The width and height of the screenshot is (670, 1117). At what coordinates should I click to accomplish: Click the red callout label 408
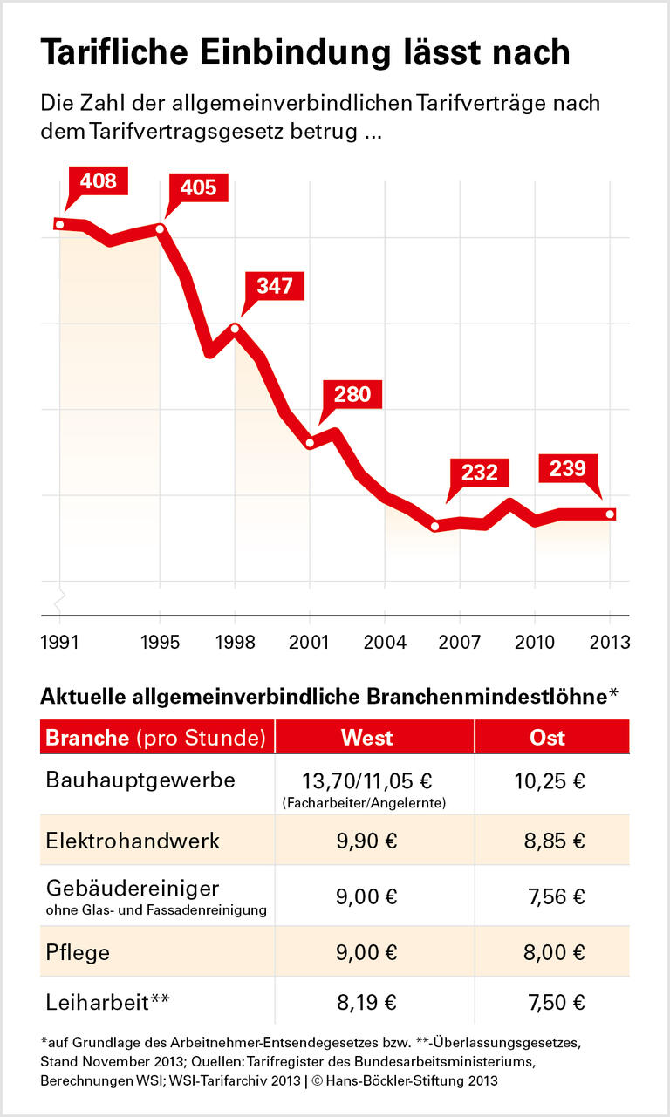coord(98,181)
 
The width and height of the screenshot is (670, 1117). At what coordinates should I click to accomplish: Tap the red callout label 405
coord(198,187)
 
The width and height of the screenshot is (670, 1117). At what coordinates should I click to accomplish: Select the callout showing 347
coord(275,286)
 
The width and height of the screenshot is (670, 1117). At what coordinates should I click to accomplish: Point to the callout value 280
coord(352,394)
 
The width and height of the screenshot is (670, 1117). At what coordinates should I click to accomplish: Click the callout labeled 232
coord(479,473)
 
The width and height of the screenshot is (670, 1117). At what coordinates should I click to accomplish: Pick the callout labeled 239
coord(567,469)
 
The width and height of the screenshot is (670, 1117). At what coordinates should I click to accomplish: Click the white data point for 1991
coord(60,224)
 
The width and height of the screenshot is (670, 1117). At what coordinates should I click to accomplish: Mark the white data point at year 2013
coord(610,514)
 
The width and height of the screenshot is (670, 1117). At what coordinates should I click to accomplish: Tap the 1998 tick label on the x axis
coord(235,643)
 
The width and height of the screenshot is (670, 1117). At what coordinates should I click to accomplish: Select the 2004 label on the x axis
coord(385,643)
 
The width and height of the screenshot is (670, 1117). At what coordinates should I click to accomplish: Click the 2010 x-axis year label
coord(535,643)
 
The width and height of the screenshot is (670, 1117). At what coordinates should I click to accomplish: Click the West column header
coord(366,737)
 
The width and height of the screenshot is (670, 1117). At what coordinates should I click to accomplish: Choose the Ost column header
coord(548,737)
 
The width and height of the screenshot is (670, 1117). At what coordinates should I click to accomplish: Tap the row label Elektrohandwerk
coord(133,841)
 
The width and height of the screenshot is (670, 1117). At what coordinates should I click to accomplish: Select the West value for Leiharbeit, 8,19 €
coord(366,1002)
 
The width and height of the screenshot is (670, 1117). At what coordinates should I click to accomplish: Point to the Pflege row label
coord(78,952)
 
